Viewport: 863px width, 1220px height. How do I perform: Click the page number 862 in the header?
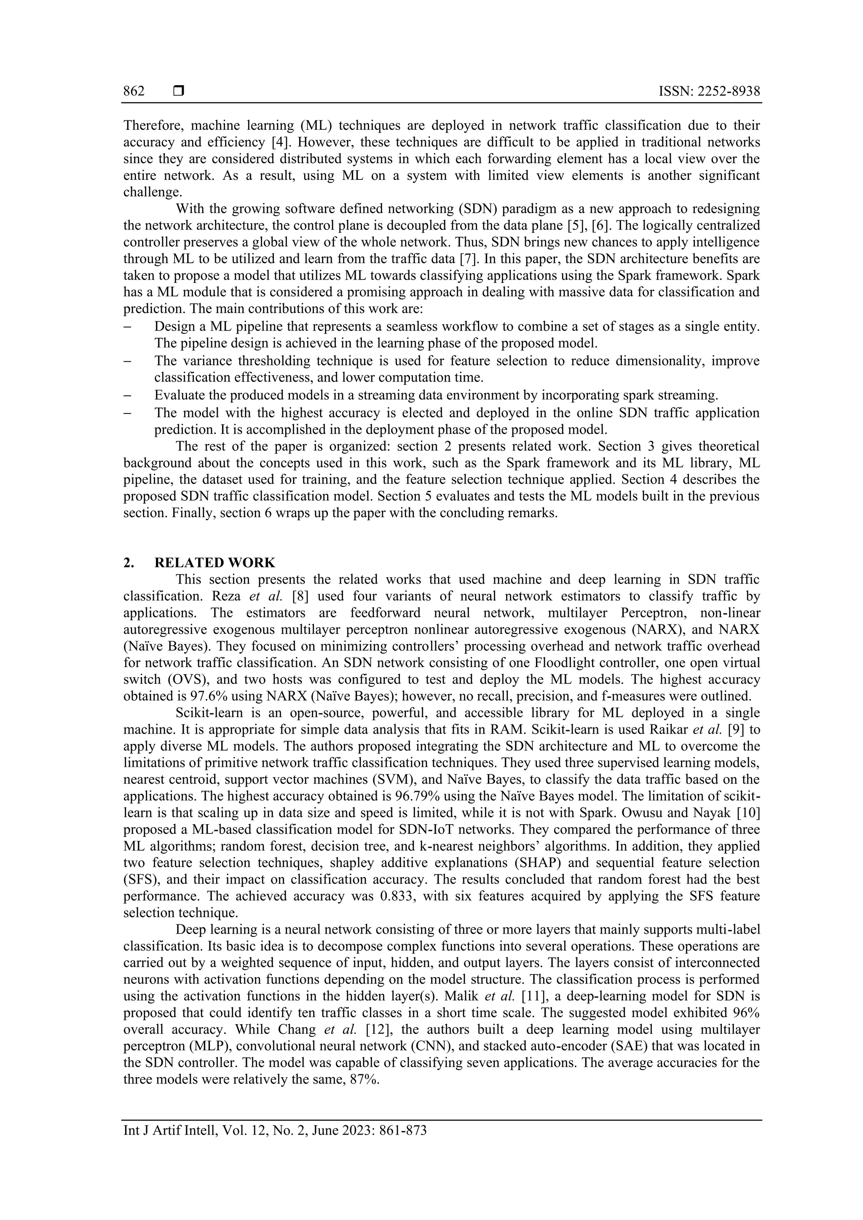(x=134, y=91)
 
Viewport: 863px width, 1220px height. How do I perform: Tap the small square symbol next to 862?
(x=179, y=91)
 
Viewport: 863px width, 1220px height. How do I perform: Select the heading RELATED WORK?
(x=215, y=562)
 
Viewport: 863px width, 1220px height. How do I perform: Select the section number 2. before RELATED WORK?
(x=128, y=562)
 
